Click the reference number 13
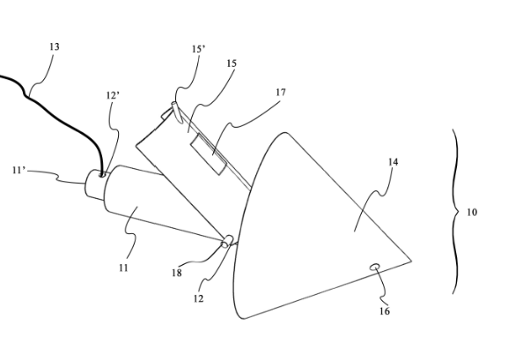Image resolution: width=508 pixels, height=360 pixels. [55, 47]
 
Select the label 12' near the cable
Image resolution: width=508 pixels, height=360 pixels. [113, 96]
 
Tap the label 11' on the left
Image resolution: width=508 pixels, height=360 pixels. [19, 170]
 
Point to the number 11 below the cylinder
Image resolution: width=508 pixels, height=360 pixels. [123, 268]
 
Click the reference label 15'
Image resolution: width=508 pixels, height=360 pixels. [198, 49]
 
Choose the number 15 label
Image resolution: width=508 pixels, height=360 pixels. [232, 63]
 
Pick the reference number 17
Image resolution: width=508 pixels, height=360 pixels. [281, 92]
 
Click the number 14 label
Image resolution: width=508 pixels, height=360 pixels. [393, 162]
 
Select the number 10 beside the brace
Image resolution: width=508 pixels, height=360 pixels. [472, 212]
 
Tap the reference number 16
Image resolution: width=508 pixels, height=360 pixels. [385, 312]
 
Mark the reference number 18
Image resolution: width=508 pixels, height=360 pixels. [177, 273]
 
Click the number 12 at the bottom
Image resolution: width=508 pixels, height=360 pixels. [199, 298]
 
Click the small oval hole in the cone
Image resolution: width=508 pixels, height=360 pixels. [375, 267]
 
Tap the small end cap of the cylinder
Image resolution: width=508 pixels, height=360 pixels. [94, 184]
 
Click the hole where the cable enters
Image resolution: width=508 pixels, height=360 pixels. [102, 175]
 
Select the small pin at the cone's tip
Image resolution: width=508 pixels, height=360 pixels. [227, 241]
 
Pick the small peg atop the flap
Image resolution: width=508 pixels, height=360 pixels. [177, 112]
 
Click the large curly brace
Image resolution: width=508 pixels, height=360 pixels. [456, 211]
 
